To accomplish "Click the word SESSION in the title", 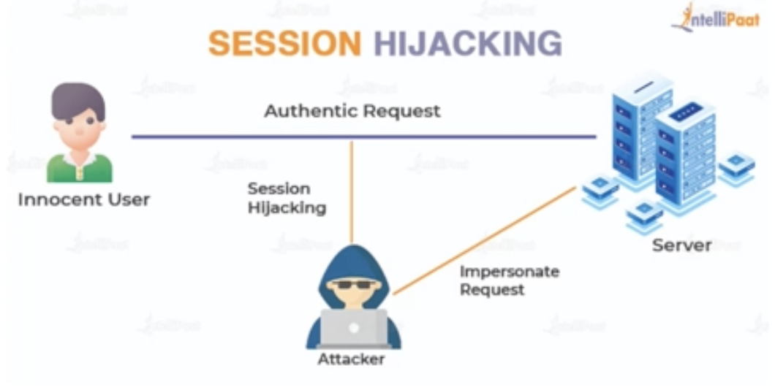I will pyautogui.click(x=284, y=44).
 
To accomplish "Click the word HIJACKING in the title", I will pyautogui.click(x=468, y=44).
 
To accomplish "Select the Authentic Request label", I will pyautogui.click(x=352, y=111).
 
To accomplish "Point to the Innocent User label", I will pyautogui.click(x=83, y=199).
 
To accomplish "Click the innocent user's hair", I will pyautogui.click(x=78, y=99).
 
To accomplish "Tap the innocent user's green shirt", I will pyautogui.click(x=80, y=168).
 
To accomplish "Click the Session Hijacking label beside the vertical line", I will pyautogui.click(x=287, y=198).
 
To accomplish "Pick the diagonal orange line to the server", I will pyautogui.click(x=483, y=241).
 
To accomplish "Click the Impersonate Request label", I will pyautogui.click(x=509, y=280).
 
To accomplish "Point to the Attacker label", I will pyautogui.click(x=351, y=359).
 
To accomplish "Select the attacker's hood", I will pyautogui.click(x=353, y=259).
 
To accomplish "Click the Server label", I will pyautogui.click(x=681, y=245).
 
